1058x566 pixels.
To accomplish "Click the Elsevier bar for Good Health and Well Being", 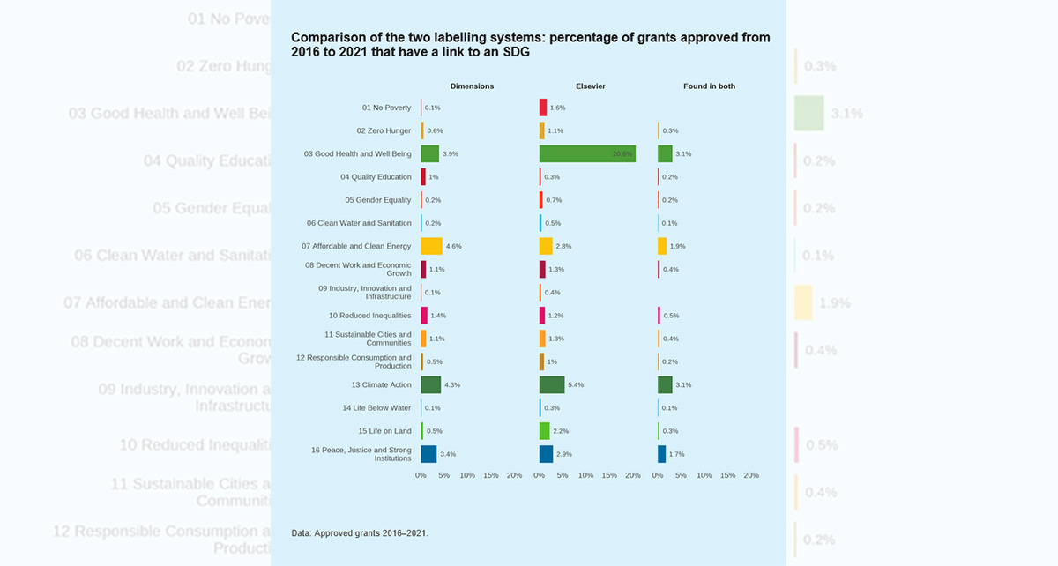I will [587, 153].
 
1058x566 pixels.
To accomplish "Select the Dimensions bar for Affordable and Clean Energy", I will [431, 246].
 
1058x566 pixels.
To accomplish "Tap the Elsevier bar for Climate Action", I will [552, 384].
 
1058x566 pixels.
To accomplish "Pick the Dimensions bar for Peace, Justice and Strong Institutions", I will [428, 454].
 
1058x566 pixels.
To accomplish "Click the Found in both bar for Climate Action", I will [665, 384].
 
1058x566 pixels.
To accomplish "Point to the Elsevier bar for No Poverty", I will [543, 108].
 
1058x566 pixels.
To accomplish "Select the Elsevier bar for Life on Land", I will [544, 431].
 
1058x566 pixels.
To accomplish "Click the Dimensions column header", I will [472, 86].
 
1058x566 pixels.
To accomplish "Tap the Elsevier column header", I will [590, 86].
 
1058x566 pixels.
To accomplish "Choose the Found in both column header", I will [709, 86].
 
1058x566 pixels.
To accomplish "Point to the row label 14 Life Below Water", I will [376, 408].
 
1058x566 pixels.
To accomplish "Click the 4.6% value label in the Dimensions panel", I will [454, 246].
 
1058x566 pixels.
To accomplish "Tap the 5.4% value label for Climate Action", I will [576, 384].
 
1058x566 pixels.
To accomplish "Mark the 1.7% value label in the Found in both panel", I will [677, 454].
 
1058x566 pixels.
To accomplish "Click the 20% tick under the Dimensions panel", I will [514, 475].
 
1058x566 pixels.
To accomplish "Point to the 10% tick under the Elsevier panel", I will [585, 475].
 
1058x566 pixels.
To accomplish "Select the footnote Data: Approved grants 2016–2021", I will [359, 532].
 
